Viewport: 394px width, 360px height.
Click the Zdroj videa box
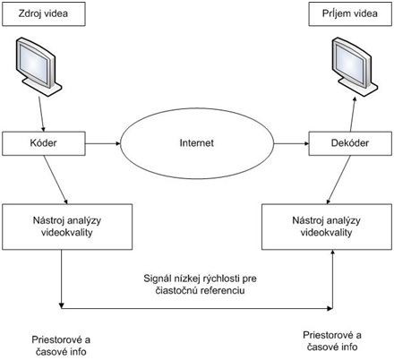click(44, 14)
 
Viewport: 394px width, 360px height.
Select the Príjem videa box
click(350, 14)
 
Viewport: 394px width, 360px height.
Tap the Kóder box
click(44, 143)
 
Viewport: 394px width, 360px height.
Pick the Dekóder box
click(350, 143)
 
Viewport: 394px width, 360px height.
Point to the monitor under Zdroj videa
click(39, 66)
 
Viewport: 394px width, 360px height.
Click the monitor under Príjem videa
click(355, 66)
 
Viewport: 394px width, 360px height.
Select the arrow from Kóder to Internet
click(103, 143)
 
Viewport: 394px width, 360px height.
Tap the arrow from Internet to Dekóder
click(291, 143)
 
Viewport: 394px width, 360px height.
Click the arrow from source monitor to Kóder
click(41, 114)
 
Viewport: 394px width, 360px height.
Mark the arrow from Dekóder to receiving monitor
click(353, 114)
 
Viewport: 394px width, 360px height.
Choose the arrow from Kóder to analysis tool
click(56, 180)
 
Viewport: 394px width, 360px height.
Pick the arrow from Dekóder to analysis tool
click(338, 180)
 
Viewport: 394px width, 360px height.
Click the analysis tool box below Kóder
click(67, 227)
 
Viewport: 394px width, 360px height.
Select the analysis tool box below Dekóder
click(327, 227)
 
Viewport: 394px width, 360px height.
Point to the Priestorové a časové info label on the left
click(61, 346)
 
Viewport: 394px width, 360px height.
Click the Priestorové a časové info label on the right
click(332, 341)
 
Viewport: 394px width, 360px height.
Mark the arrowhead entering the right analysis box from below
click(332, 253)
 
